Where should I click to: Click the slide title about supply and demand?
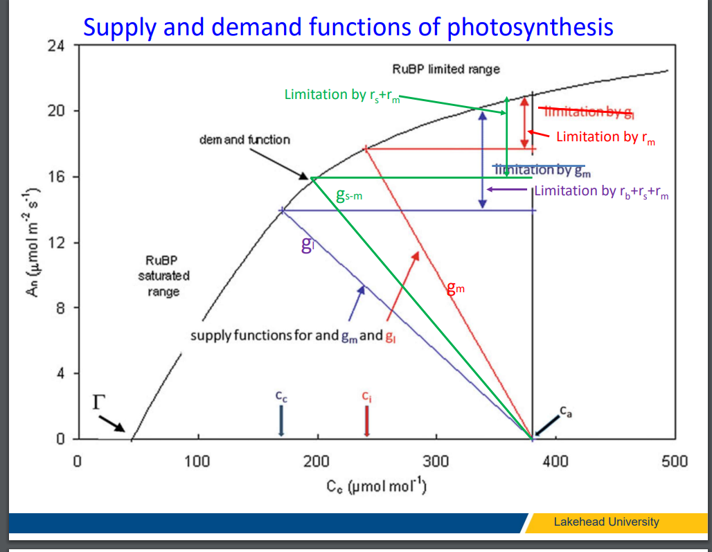coord(348,26)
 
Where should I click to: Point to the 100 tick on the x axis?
coord(198,461)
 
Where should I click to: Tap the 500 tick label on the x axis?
coord(674,461)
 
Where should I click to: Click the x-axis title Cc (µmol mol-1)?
coord(377,486)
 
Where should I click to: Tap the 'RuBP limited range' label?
coord(445,69)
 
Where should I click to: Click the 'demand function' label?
coord(244,140)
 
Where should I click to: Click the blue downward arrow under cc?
coord(281,420)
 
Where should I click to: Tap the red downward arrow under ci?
coord(366,420)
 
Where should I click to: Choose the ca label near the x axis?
coord(567,413)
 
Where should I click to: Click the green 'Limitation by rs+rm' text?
coord(342,95)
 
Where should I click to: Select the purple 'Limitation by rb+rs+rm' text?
coord(601,191)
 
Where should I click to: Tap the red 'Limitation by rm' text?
coord(605,136)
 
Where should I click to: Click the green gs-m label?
coord(349,196)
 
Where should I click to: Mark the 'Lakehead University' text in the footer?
coord(606,522)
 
